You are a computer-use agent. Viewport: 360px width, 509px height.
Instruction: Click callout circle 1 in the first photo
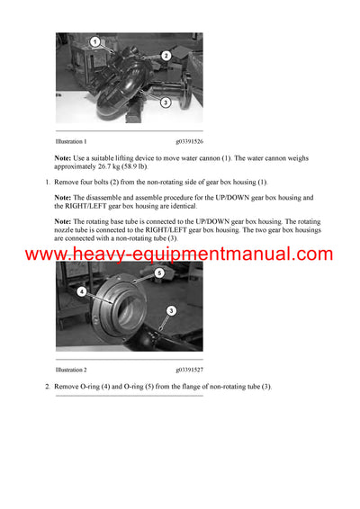coord(95,42)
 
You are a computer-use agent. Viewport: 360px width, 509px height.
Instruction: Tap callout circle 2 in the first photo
coord(166,56)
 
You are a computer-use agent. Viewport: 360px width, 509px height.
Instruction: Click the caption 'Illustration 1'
coord(71,141)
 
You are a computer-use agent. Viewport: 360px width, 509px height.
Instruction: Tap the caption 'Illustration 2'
coord(71,370)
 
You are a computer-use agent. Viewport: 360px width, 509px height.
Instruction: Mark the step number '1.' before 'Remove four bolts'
coord(48,183)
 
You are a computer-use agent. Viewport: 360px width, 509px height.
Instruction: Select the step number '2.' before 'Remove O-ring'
coord(48,386)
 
